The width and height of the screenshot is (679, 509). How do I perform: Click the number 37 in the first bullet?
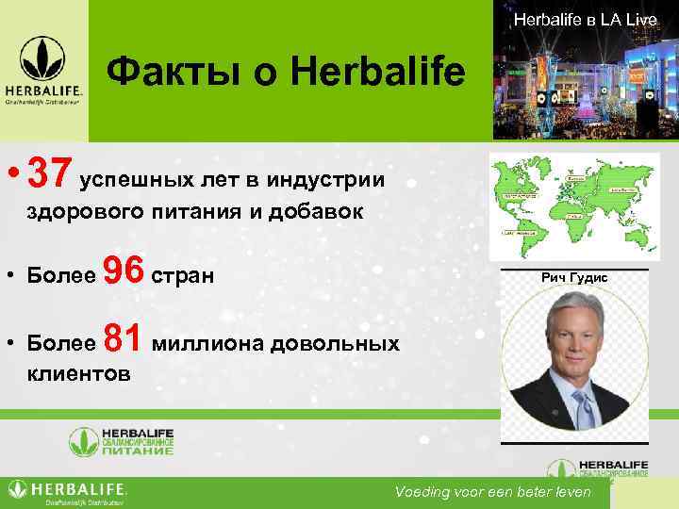[50, 172]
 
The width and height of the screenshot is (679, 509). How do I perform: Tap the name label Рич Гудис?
[574, 278]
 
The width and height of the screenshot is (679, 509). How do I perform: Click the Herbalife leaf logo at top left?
[44, 59]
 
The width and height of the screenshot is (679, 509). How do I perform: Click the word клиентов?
[79, 373]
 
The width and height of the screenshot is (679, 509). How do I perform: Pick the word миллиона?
[207, 343]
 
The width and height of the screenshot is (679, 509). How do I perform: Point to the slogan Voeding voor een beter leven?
[493, 492]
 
